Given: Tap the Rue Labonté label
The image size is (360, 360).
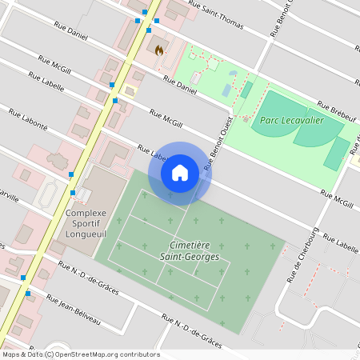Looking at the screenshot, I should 30,120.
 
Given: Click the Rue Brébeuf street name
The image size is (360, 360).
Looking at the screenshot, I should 335,110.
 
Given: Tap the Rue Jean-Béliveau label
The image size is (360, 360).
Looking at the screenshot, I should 74,310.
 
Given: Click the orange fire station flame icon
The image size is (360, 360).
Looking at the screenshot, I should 159,50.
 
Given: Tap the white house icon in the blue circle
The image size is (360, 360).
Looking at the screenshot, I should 179,172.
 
